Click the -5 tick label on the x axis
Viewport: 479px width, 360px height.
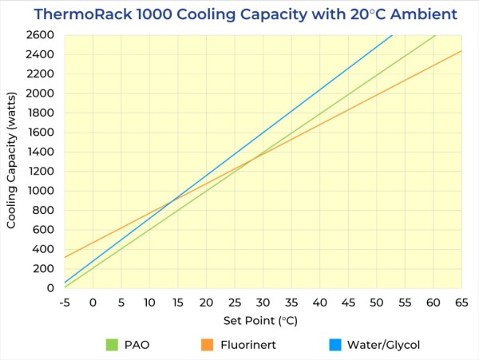click(x=65, y=303)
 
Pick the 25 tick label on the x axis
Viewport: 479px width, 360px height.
click(x=235, y=303)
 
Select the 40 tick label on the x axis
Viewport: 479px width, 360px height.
click(x=319, y=303)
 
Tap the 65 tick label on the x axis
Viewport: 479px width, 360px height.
click(x=461, y=303)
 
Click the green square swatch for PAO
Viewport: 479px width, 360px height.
click(x=113, y=345)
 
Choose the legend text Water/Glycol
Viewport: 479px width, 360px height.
click(x=385, y=345)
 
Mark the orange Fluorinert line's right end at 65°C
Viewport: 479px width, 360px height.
click(x=461, y=50)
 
